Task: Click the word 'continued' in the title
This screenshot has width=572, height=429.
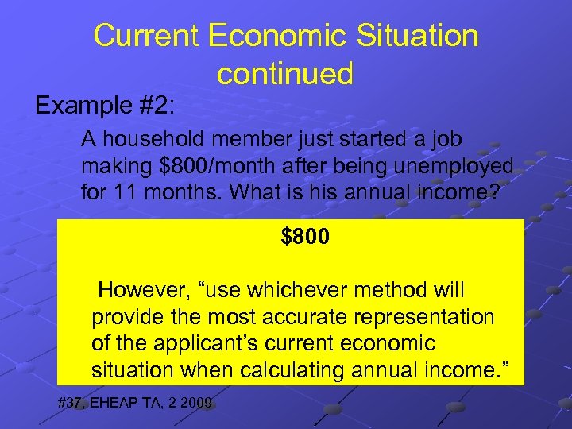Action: tap(284, 74)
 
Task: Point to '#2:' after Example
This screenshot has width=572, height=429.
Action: tap(157, 105)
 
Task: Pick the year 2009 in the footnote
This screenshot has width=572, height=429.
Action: tap(195, 404)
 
